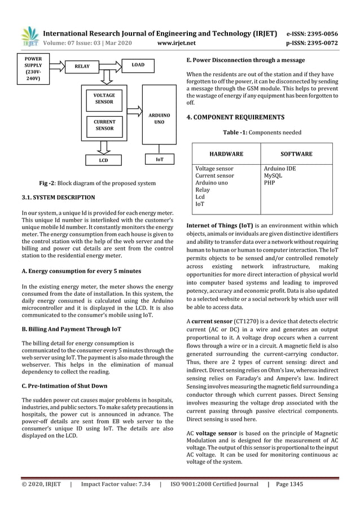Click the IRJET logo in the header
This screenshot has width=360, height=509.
click(28, 37)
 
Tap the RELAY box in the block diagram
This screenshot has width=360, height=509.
click(82, 67)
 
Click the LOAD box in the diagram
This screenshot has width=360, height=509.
click(138, 65)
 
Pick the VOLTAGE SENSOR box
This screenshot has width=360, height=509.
click(104, 99)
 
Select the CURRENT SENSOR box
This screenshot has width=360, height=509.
click(104, 125)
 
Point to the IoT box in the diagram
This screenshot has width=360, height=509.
click(160, 160)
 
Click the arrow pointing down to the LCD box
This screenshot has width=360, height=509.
click(103, 147)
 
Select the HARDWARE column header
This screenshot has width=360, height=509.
click(226, 153)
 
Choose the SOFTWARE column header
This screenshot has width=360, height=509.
click(296, 153)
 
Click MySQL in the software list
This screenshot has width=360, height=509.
click(273, 176)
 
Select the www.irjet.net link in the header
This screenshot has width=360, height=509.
click(177, 43)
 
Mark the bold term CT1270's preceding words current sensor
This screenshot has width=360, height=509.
click(210, 321)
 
